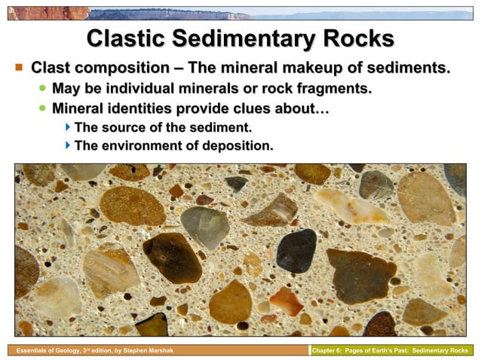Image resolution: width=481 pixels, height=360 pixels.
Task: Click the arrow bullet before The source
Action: pos(68,128)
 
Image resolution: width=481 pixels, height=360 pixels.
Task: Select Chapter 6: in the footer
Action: pos(330,351)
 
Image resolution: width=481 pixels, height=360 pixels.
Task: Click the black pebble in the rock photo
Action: pos(296,251)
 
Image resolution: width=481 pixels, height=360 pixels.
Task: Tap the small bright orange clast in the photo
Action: pos(286,301)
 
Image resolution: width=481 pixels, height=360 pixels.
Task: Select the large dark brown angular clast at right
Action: pos(360,275)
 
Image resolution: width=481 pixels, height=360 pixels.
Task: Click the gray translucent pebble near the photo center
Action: pos(204,227)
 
